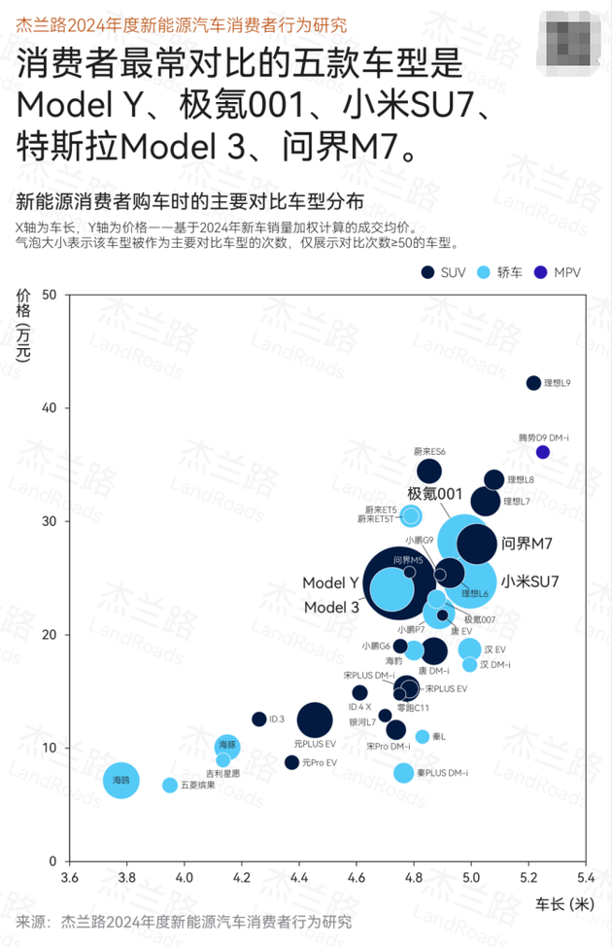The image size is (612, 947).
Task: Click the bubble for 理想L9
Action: (533, 383)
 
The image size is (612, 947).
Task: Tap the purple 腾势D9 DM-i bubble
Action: (543, 451)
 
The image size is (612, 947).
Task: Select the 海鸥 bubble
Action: (121, 781)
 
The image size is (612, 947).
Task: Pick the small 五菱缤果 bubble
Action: (170, 785)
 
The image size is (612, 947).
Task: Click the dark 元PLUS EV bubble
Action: (315, 720)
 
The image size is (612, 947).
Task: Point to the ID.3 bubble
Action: (259, 719)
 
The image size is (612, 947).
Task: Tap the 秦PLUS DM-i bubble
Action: (404, 773)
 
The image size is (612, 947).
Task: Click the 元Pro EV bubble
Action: (292, 762)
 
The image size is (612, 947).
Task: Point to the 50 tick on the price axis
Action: (47, 295)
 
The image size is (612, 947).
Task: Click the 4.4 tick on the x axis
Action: (298, 878)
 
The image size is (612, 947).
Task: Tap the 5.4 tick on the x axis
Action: (586, 878)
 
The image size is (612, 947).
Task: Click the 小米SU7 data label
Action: (530, 582)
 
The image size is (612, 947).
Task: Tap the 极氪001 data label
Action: (434, 494)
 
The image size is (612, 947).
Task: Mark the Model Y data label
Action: (330, 583)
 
